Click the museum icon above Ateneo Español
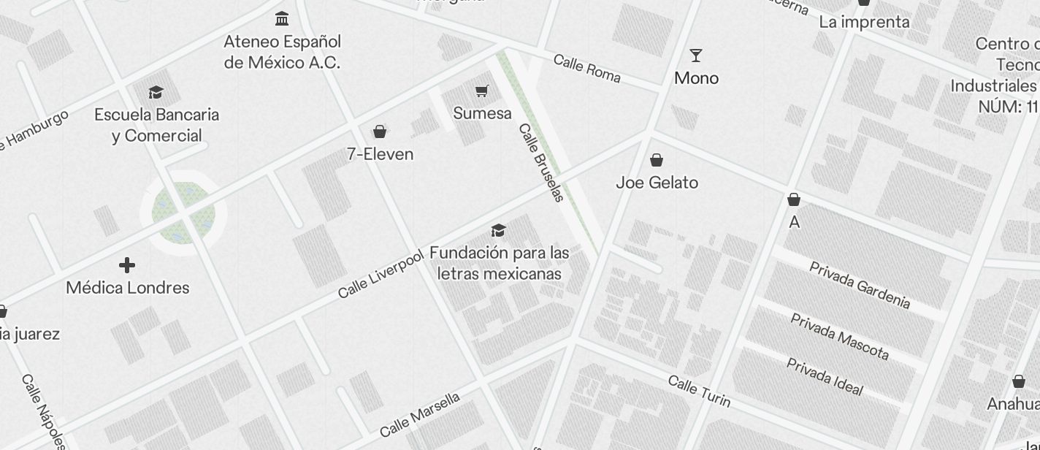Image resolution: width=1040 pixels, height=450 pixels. point(282,18)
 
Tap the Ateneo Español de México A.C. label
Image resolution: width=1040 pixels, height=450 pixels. point(282,52)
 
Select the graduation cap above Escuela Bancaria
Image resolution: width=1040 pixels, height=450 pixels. point(156,92)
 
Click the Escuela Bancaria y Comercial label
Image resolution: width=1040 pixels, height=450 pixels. point(156,125)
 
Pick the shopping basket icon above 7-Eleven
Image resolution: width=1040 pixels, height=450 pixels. point(380,131)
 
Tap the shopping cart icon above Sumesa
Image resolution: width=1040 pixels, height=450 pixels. point(481,91)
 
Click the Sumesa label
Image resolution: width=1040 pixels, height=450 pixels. point(482,113)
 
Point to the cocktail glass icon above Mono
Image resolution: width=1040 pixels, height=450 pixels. point(696,56)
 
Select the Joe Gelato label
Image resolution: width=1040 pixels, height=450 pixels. point(657,183)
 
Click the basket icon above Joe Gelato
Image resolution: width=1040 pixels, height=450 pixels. point(657,160)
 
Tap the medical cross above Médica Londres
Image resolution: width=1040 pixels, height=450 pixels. point(127,265)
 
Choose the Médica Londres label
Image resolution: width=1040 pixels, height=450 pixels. point(128,288)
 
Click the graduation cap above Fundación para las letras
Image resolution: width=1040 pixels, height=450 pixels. point(499,231)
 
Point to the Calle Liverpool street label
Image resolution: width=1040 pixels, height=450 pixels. point(381,274)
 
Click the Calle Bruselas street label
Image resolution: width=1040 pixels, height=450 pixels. point(541,162)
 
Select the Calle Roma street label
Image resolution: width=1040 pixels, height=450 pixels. point(586,68)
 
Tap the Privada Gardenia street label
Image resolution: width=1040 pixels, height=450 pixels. point(860,285)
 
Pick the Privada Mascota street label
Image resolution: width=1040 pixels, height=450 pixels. point(840,337)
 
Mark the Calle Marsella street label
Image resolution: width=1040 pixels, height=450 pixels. point(420,415)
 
